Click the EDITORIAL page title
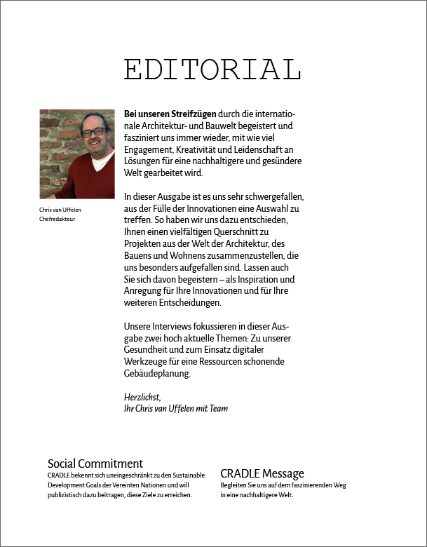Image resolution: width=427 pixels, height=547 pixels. pyautogui.click(x=212, y=69)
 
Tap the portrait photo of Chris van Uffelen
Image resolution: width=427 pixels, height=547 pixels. pyautogui.click(x=77, y=154)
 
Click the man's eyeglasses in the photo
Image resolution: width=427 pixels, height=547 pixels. pyautogui.click(x=92, y=131)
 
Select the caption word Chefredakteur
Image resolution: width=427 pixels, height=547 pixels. pyautogui.click(x=57, y=220)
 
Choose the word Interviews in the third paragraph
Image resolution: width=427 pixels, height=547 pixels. pyautogui.click(x=172, y=327)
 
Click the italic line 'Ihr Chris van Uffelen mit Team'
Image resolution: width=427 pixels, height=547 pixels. pyautogui.click(x=176, y=408)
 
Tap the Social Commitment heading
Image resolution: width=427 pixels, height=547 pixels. pyautogui.click(x=95, y=464)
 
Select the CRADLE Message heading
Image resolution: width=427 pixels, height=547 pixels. pyautogui.click(x=262, y=473)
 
